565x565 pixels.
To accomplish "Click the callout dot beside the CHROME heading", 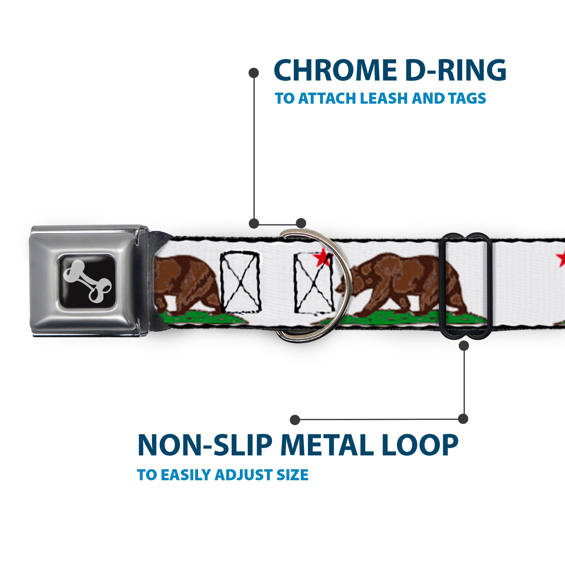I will pos(253,73).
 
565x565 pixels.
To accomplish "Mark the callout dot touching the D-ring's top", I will pos(301,223).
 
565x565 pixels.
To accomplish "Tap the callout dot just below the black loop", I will pos(464,346).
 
